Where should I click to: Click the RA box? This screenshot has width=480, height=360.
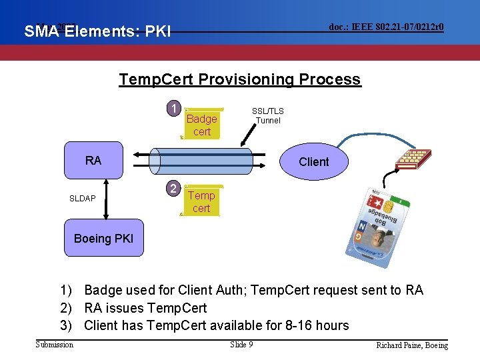click(x=93, y=161)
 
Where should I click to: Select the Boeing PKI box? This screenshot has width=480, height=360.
click(x=103, y=238)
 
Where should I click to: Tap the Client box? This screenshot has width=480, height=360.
click(x=313, y=162)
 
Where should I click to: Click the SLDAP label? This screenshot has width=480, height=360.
click(x=83, y=199)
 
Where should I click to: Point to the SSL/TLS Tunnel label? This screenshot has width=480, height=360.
click(x=267, y=116)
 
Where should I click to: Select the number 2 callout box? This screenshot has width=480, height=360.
click(x=173, y=189)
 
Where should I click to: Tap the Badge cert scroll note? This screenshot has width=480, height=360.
click(x=201, y=125)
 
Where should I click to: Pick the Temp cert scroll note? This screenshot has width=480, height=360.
click(x=201, y=201)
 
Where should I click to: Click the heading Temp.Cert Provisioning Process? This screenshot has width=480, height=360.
click(x=239, y=80)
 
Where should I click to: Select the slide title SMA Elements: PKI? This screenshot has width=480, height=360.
click(x=98, y=31)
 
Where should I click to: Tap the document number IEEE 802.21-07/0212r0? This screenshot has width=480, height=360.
click(x=387, y=27)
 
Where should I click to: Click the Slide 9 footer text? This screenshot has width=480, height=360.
click(x=241, y=344)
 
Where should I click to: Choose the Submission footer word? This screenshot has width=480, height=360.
click(x=55, y=344)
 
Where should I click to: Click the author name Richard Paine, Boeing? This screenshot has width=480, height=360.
click(x=411, y=345)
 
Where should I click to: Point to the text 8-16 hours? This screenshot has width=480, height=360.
click(x=313, y=325)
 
